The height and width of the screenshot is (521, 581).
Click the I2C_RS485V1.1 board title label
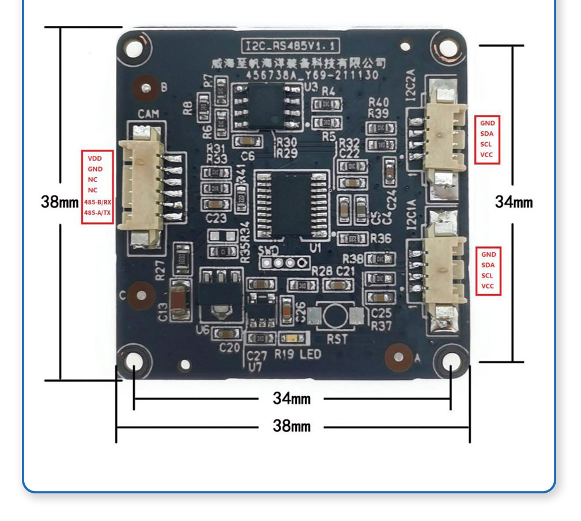pos(290,45)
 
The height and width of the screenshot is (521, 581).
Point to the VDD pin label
pos(95,158)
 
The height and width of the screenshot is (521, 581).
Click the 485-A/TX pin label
pos(97,213)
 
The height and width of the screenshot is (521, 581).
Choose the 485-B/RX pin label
pos(97,202)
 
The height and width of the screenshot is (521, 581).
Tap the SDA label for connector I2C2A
pos(487,134)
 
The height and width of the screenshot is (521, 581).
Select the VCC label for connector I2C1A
pos(488,286)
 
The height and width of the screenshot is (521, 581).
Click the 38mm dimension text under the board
pos(291,427)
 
